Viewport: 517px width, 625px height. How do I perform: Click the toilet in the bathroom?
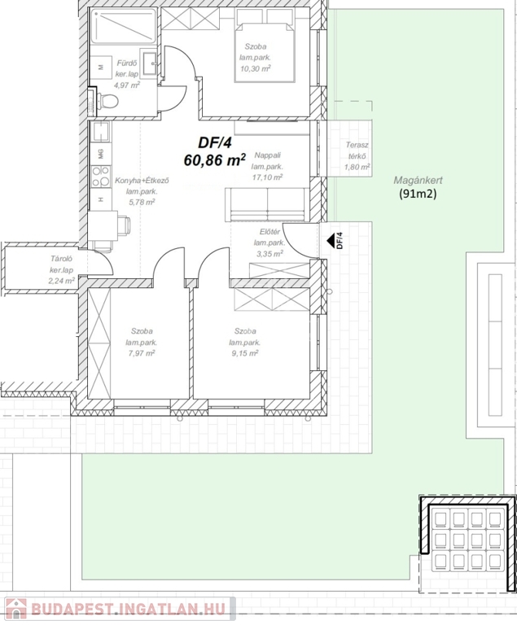point(105,101)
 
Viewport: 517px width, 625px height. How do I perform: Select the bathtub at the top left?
point(123,26)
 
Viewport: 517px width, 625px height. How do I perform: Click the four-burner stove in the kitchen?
point(100,177)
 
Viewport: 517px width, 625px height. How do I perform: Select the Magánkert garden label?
point(418,180)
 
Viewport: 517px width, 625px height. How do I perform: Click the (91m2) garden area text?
point(418,194)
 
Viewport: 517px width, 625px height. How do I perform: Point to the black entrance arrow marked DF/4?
point(331,241)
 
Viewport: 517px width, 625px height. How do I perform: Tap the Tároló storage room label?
point(60,259)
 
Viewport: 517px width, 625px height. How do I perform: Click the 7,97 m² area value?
point(141,353)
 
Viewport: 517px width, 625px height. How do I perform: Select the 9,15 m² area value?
point(245,353)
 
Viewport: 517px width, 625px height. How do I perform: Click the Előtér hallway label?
point(269,232)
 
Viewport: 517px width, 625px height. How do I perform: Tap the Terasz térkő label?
point(357,151)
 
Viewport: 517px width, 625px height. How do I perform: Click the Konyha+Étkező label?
point(142,181)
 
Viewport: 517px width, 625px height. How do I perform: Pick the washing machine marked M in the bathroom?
point(100,68)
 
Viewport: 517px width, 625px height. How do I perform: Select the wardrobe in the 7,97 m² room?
point(99,343)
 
